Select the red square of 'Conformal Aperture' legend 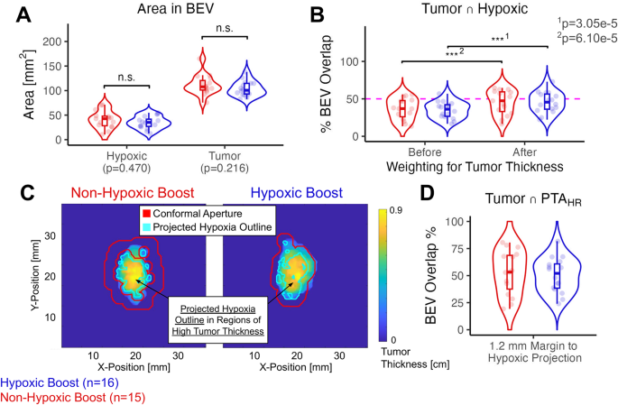pyautogui.click(x=145, y=214)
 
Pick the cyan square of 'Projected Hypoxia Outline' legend pyautogui.click(x=145, y=226)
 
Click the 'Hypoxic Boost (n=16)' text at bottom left pyautogui.click(x=59, y=382)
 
